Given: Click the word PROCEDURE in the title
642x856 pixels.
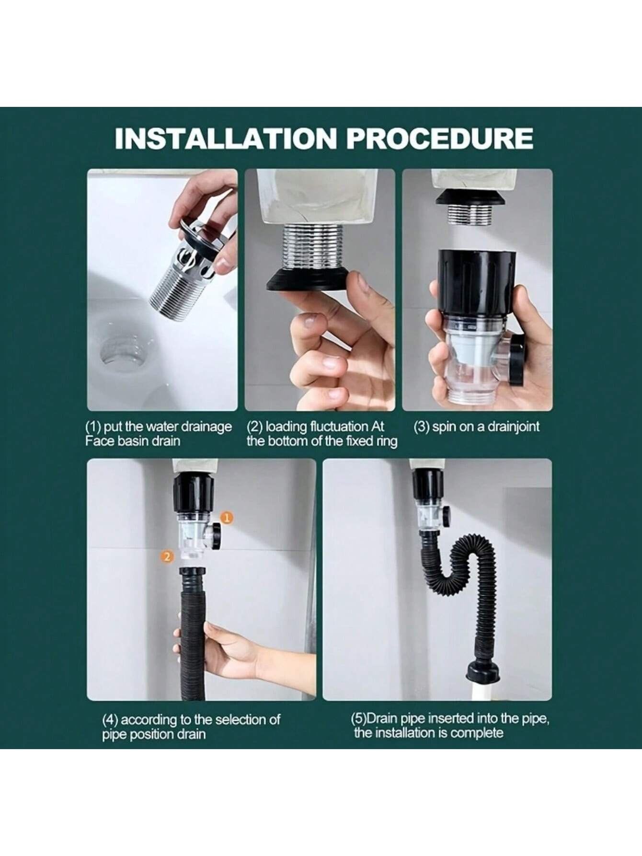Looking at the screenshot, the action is [440, 138].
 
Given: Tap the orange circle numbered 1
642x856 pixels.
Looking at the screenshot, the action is [228, 517].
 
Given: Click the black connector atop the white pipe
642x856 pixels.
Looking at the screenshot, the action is [481, 671].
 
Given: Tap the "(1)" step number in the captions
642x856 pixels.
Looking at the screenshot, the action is [93, 427].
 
